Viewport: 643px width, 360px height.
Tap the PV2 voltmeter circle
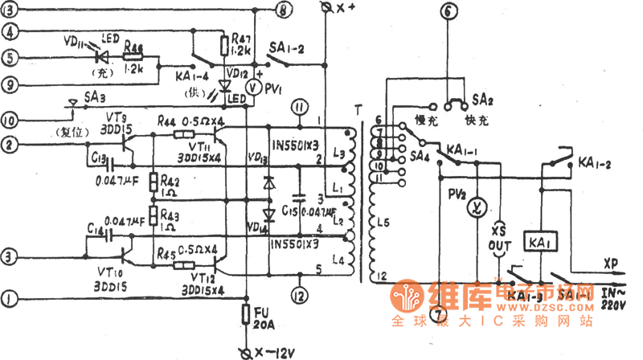pyautogui.click(x=475, y=208)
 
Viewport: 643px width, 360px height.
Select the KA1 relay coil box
pyautogui.click(x=539, y=241)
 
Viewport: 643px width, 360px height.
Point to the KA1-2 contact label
pyautogui.click(x=595, y=164)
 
